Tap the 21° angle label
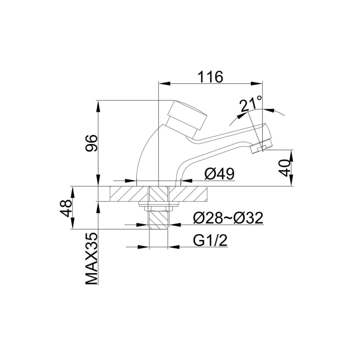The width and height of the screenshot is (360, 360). (x=251, y=104)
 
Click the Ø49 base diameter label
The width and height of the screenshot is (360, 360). (x=220, y=174)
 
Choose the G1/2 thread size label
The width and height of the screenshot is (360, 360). (x=211, y=240)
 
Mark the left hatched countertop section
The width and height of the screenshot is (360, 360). (x=129, y=194)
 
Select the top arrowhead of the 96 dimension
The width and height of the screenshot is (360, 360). (x=98, y=104)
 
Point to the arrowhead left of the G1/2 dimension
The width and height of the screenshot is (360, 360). (x=144, y=247)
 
